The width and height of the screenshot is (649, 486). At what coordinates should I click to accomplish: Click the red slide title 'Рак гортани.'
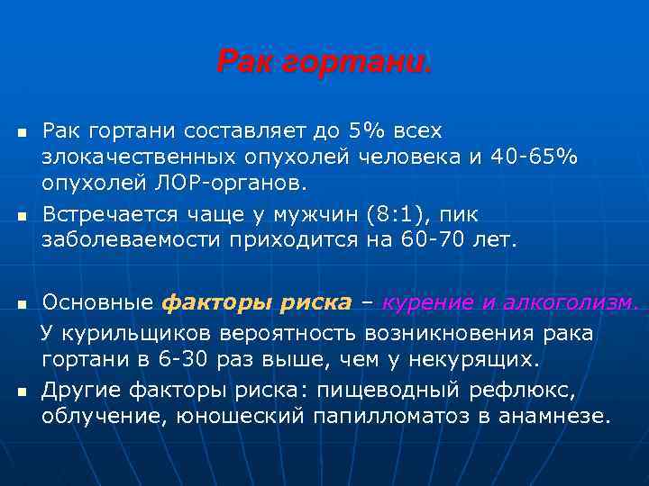point(324,62)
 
